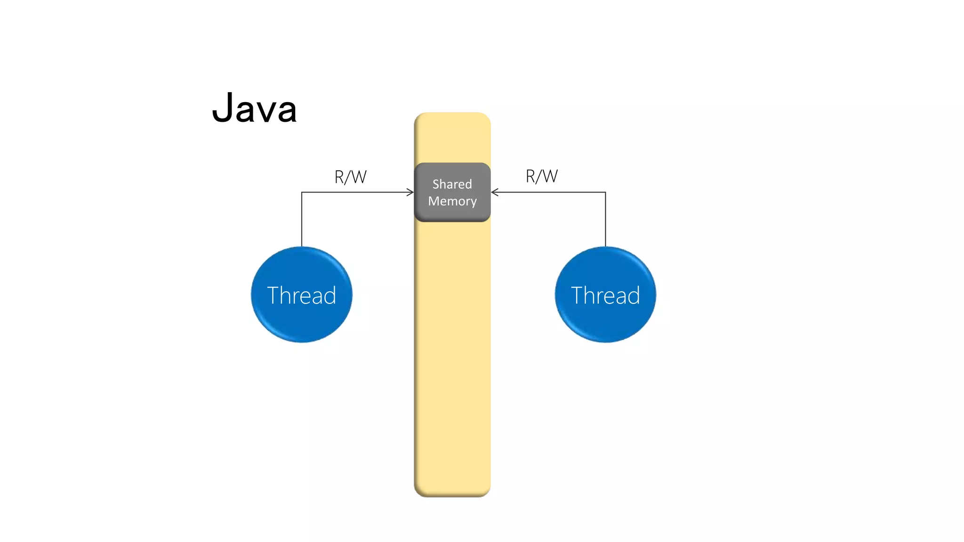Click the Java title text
[255, 109]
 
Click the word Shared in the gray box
[452, 184]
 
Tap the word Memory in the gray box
[452, 201]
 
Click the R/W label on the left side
[350, 177]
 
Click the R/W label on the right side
[541, 176]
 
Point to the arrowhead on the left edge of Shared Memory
[411, 192]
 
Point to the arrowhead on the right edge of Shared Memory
[494, 192]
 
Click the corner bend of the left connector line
[302, 192]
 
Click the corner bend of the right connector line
[605, 192]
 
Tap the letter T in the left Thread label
[273, 295]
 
